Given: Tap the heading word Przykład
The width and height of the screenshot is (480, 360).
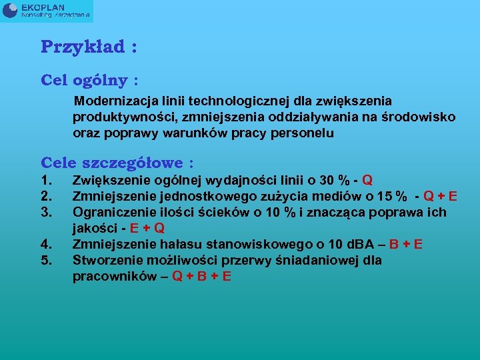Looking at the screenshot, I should (83, 47).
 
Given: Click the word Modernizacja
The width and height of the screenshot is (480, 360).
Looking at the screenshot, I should (114, 101).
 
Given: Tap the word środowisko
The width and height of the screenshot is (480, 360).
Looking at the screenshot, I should (418, 117).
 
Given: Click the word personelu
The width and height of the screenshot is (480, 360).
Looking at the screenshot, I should (302, 133).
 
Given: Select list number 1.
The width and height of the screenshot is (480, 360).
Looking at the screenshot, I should (46, 181).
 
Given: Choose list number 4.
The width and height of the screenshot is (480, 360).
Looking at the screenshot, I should (46, 244).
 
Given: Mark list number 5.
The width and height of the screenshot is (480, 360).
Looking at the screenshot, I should (46, 260).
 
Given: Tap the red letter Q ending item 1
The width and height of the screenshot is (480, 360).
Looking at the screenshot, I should (367, 181).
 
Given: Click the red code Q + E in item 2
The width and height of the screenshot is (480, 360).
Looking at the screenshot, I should (440, 197).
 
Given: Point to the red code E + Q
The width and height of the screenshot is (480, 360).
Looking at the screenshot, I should (147, 228).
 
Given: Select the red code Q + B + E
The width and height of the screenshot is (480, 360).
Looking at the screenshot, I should (201, 276).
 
